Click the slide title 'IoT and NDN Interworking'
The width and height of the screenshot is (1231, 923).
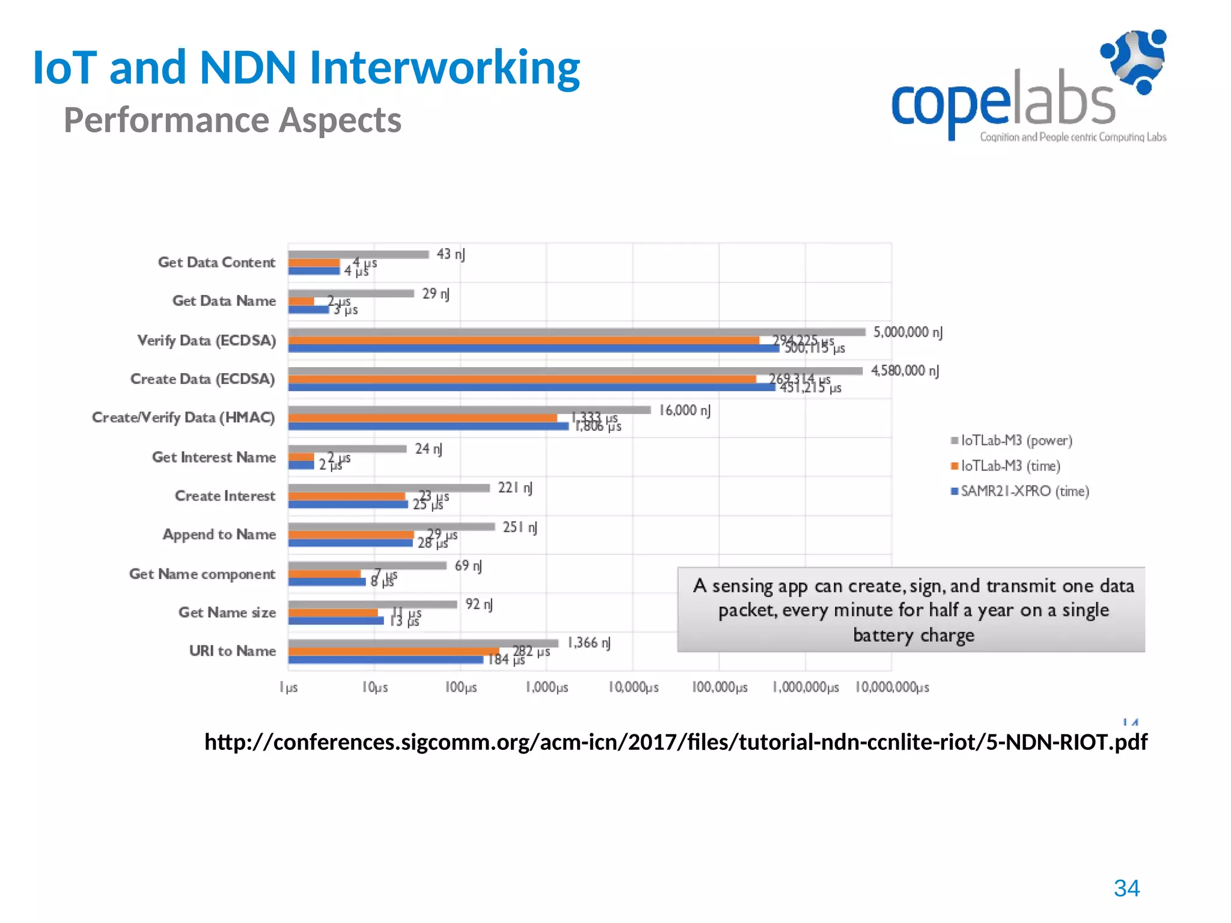[x=307, y=67]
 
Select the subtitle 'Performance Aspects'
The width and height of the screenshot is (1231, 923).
[x=233, y=120]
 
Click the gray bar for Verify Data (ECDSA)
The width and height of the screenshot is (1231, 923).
[x=576, y=332]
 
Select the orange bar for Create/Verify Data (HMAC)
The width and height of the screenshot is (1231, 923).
[x=422, y=418]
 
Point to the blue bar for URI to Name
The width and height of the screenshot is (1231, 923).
[x=385, y=659]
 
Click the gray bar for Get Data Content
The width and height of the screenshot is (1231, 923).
[x=358, y=255]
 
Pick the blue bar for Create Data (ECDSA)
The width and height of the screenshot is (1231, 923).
[x=531, y=388]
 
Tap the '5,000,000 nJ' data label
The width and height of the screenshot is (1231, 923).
[x=908, y=332]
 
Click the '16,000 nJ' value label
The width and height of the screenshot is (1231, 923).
[x=685, y=410]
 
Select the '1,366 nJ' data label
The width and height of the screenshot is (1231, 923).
[x=589, y=643]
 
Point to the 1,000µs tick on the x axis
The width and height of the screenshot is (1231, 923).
[x=547, y=687]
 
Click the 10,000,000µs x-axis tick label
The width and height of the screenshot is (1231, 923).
[x=892, y=687]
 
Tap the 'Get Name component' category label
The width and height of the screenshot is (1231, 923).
[x=203, y=574]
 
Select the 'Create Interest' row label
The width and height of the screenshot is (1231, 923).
[x=225, y=496]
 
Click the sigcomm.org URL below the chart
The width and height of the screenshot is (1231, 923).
[x=676, y=742]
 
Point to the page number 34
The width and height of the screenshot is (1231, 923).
[x=1126, y=888]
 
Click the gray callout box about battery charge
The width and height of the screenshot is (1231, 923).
[x=911, y=609]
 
